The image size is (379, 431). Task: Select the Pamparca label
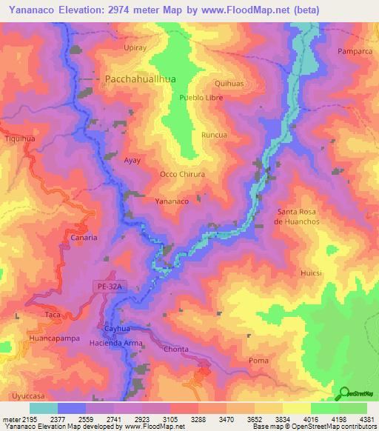click(353, 51)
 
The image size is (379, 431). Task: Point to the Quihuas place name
click(229, 84)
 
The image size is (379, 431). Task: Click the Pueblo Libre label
click(201, 98)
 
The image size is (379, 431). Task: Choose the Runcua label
click(214, 136)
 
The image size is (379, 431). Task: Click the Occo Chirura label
click(182, 174)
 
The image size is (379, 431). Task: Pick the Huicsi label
click(312, 273)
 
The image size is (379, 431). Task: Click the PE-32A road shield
click(107, 285)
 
